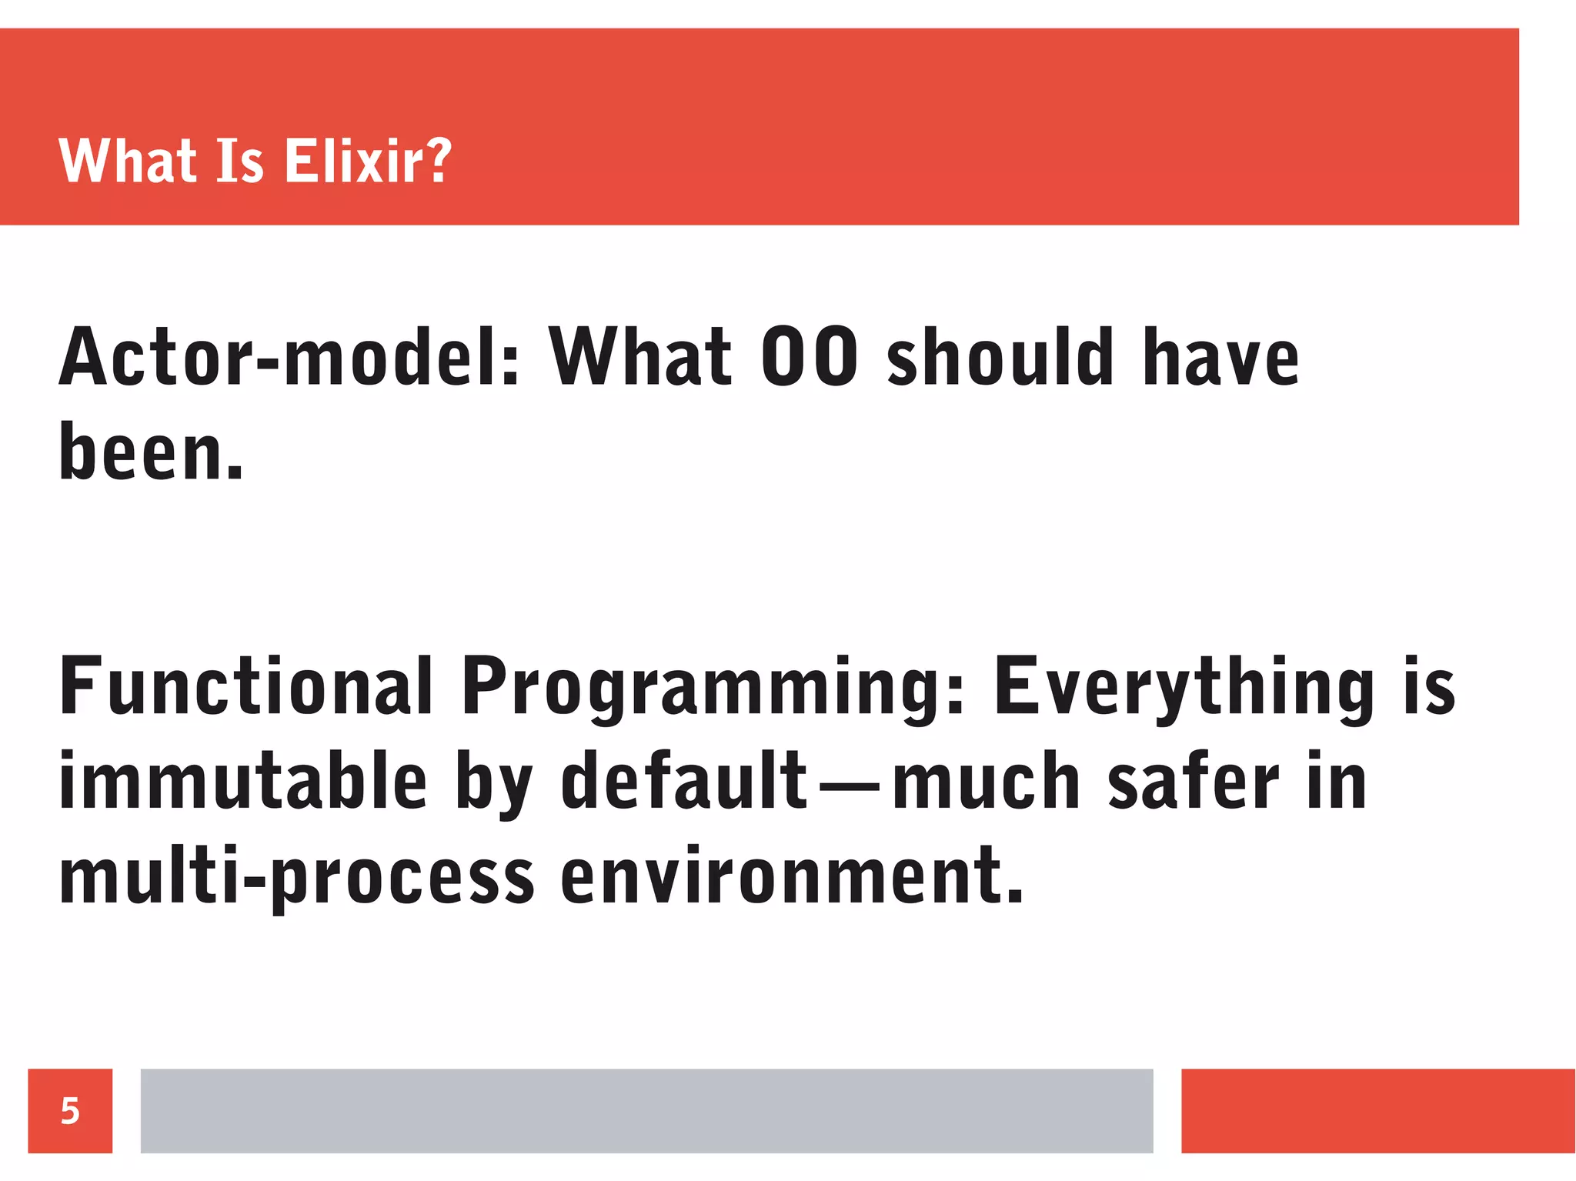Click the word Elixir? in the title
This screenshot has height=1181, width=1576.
pyautogui.click(x=368, y=161)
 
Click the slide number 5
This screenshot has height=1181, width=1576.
pyautogui.click(x=70, y=1111)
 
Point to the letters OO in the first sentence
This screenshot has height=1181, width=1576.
pyautogui.click(x=809, y=357)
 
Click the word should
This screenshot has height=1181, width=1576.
pyautogui.click(x=1000, y=357)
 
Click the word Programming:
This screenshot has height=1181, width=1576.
pyautogui.click(x=713, y=689)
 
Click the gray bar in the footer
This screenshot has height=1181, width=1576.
pyautogui.click(x=646, y=1111)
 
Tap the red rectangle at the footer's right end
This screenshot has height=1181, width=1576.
pyautogui.click(x=1377, y=1111)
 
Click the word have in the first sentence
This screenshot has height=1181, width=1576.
pyautogui.click(x=1221, y=357)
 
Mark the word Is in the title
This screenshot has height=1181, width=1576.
pyautogui.click(x=240, y=161)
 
